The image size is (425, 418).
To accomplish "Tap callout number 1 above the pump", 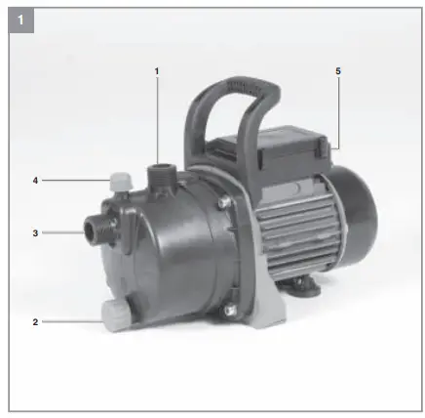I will (x=156, y=70).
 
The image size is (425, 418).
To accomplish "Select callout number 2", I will (x=36, y=321).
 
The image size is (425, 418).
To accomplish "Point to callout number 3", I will (x=36, y=232).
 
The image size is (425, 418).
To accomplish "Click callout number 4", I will (x=36, y=181).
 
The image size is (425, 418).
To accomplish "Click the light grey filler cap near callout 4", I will (x=121, y=182).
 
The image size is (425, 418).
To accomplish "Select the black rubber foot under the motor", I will (x=303, y=284).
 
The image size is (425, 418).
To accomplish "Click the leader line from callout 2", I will (x=68, y=321).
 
